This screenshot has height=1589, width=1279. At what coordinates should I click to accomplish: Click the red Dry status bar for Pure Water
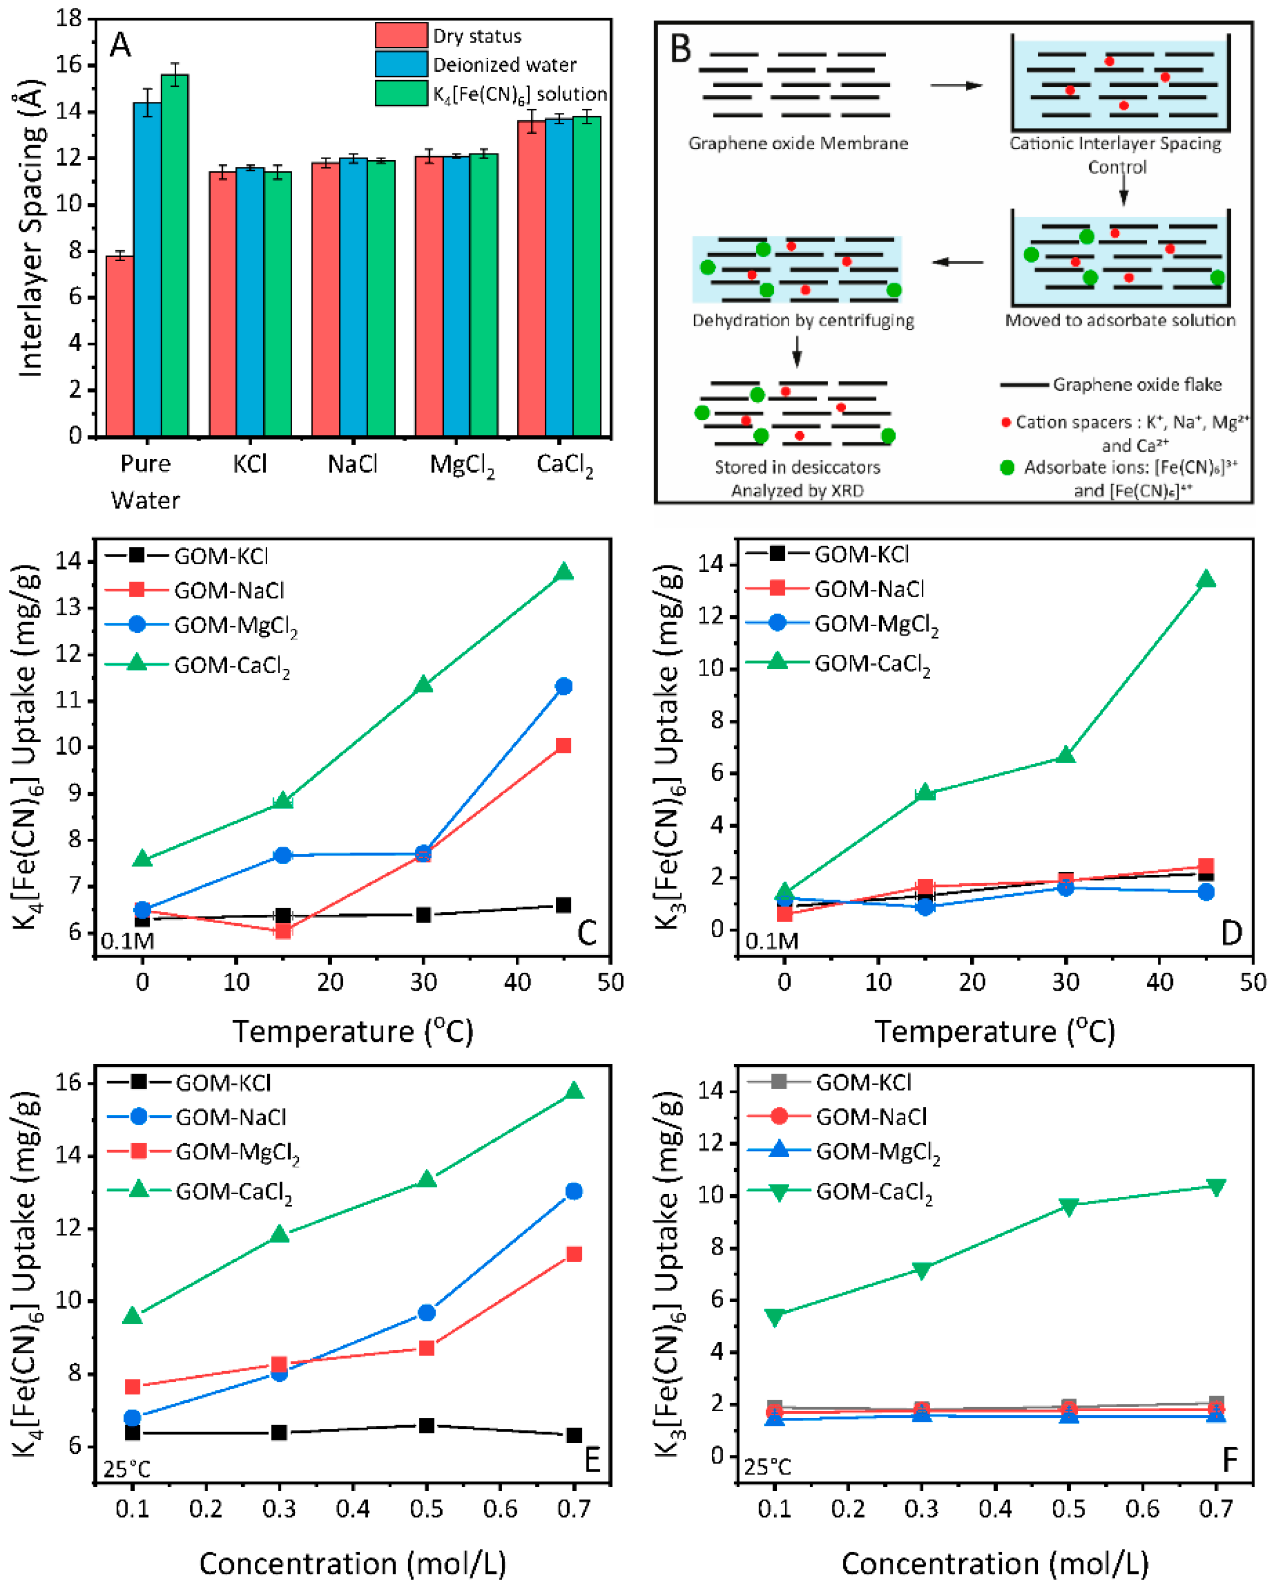click(x=120, y=346)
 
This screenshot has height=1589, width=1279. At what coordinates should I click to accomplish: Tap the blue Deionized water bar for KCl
click(x=250, y=302)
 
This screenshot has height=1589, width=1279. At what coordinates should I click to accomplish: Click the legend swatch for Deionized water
click(x=401, y=64)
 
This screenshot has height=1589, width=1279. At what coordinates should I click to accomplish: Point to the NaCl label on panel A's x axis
click(x=352, y=464)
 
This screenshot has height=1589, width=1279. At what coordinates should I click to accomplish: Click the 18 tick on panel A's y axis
click(x=69, y=18)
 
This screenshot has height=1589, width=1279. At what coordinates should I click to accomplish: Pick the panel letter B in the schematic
click(x=680, y=49)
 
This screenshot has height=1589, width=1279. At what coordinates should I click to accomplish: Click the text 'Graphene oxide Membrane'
click(x=798, y=144)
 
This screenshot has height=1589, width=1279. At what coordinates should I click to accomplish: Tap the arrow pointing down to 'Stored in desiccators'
click(x=797, y=352)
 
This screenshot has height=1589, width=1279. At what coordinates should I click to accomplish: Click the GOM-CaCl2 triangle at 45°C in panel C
click(x=564, y=572)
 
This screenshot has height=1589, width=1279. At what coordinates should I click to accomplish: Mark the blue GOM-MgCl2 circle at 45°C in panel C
click(x=564, y=686)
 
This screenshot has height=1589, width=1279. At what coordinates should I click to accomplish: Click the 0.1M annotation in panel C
click(x=127, y=941)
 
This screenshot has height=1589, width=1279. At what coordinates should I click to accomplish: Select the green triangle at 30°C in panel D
click(x=1065, y=755)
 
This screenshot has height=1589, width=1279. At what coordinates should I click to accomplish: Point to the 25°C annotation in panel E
click(x=127, y=1469)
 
